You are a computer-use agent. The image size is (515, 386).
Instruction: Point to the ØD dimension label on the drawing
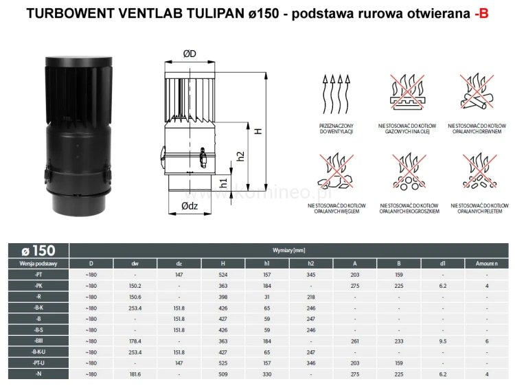tap(190, 54)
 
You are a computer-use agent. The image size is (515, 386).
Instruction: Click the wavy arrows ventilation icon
tap(336, 91)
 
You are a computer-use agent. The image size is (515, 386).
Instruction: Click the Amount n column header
tap(485, 262)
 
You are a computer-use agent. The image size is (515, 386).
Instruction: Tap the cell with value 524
tap(222, 275)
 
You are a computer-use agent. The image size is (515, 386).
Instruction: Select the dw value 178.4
tap(135, 341)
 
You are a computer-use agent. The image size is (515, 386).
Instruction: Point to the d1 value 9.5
tap(442, 341)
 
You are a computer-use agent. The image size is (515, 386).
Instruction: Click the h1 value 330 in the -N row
tap(266, 374)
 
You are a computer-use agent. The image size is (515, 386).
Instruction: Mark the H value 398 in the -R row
tap(222, 297)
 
